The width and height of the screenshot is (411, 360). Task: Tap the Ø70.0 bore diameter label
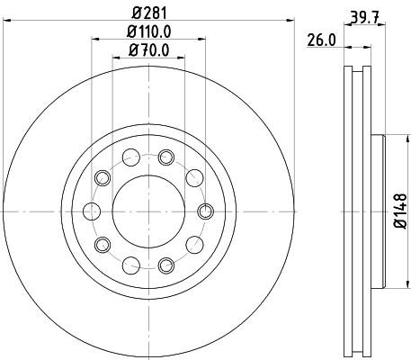point(148,49)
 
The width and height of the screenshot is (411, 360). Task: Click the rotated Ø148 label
point(400,211)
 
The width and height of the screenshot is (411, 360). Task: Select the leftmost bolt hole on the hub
point(91,211)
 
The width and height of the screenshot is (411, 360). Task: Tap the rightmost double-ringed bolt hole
point(204,211)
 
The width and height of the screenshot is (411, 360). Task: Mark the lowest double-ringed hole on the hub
point(165,265)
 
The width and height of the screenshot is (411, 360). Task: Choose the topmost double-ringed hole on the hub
point(165,157)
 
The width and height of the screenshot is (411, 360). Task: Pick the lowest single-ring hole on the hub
point(131,264)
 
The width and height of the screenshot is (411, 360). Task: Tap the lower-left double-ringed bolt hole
point(103,244)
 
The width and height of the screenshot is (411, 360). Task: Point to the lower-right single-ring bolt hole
point(192,244)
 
